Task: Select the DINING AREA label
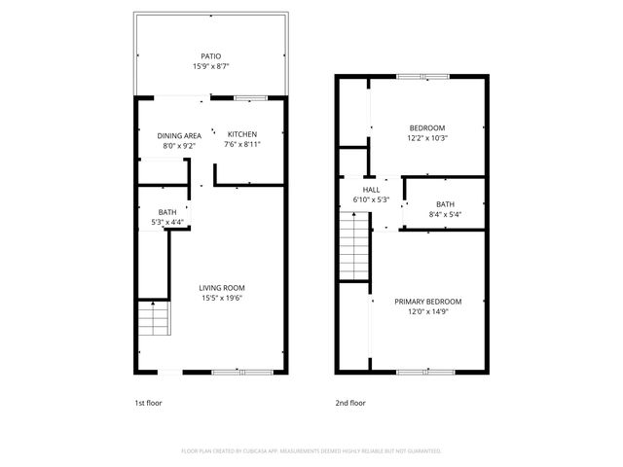[179, 134]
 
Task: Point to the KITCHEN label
[242, 134]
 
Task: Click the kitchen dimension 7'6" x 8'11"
[242, 144]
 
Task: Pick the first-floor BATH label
[167, 212]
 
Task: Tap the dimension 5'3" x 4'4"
[167, 223]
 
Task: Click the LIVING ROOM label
[222, 288]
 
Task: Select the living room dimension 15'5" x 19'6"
[222, 299]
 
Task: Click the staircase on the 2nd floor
[352, 247]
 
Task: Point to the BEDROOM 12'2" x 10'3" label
[427, 128]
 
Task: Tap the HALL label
[371, 190]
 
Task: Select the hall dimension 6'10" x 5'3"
[371, 200]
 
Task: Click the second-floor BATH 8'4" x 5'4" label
[445, 203]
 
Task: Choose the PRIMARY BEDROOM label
[427, 302]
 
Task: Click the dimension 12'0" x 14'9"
[427, 312]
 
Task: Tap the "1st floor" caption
[148, 401]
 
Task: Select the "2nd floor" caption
[349, 401]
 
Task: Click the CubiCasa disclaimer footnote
[311, 451]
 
